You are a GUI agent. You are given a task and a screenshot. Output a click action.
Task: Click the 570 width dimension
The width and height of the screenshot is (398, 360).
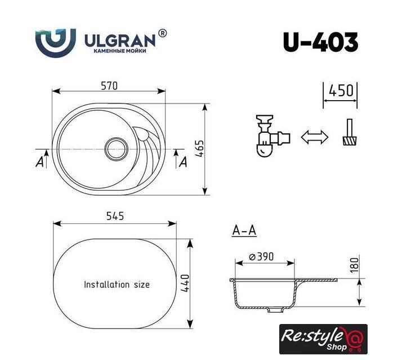pos(109,85)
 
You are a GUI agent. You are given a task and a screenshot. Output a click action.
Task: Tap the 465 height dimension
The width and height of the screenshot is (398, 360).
pos(200,148)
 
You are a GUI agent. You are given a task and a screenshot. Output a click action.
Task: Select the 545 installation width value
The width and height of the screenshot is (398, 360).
pos(115,216)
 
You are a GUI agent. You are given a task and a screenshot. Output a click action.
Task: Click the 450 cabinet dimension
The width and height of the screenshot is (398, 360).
pos(341,91)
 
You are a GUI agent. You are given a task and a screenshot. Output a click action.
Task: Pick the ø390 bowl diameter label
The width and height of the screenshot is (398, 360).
pos(261,256)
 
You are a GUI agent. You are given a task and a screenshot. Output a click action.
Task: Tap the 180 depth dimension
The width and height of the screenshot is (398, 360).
pos(354,265)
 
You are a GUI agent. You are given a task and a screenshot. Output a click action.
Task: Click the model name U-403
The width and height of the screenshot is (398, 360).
pos(320,42)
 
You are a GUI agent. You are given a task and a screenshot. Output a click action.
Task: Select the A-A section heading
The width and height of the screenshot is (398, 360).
pos(244,231)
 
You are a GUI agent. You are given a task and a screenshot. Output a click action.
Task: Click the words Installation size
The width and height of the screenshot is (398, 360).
pos(117,285)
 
